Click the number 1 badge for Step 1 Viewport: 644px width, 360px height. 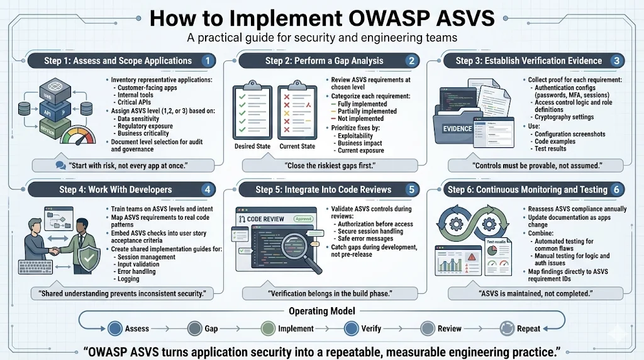tap(208, 61)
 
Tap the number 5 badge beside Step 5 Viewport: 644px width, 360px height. tap(411, 189)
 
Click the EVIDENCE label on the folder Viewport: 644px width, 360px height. tap(457, 128)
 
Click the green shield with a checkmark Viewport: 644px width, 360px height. tap(91, 256)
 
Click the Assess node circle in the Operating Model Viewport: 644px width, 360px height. tap(114, 328)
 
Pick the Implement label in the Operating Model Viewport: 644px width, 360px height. tap(296, 329)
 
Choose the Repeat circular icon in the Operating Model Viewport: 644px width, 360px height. tap(506, 328)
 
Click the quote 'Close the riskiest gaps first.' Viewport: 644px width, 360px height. tap(330, 166)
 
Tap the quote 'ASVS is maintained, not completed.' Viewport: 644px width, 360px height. tap(538, 293)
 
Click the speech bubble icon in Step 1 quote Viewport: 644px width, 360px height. tap(60, 166)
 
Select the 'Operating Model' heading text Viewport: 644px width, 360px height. tap(321, 311)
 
